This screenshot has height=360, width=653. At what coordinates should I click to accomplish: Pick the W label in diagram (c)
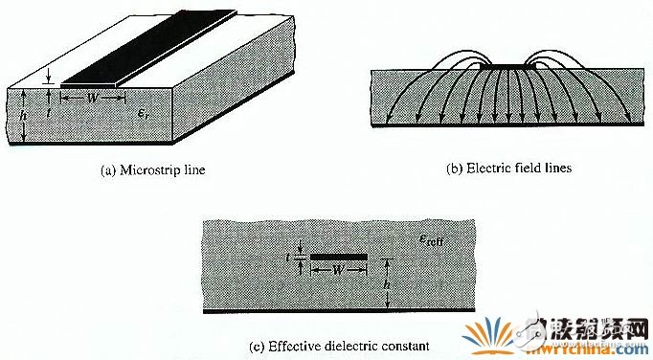[x=339, y=270]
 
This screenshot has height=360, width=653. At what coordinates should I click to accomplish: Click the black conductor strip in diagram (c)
[x=339, y=257]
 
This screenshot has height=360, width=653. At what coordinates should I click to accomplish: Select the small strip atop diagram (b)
[x=506, y=66]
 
